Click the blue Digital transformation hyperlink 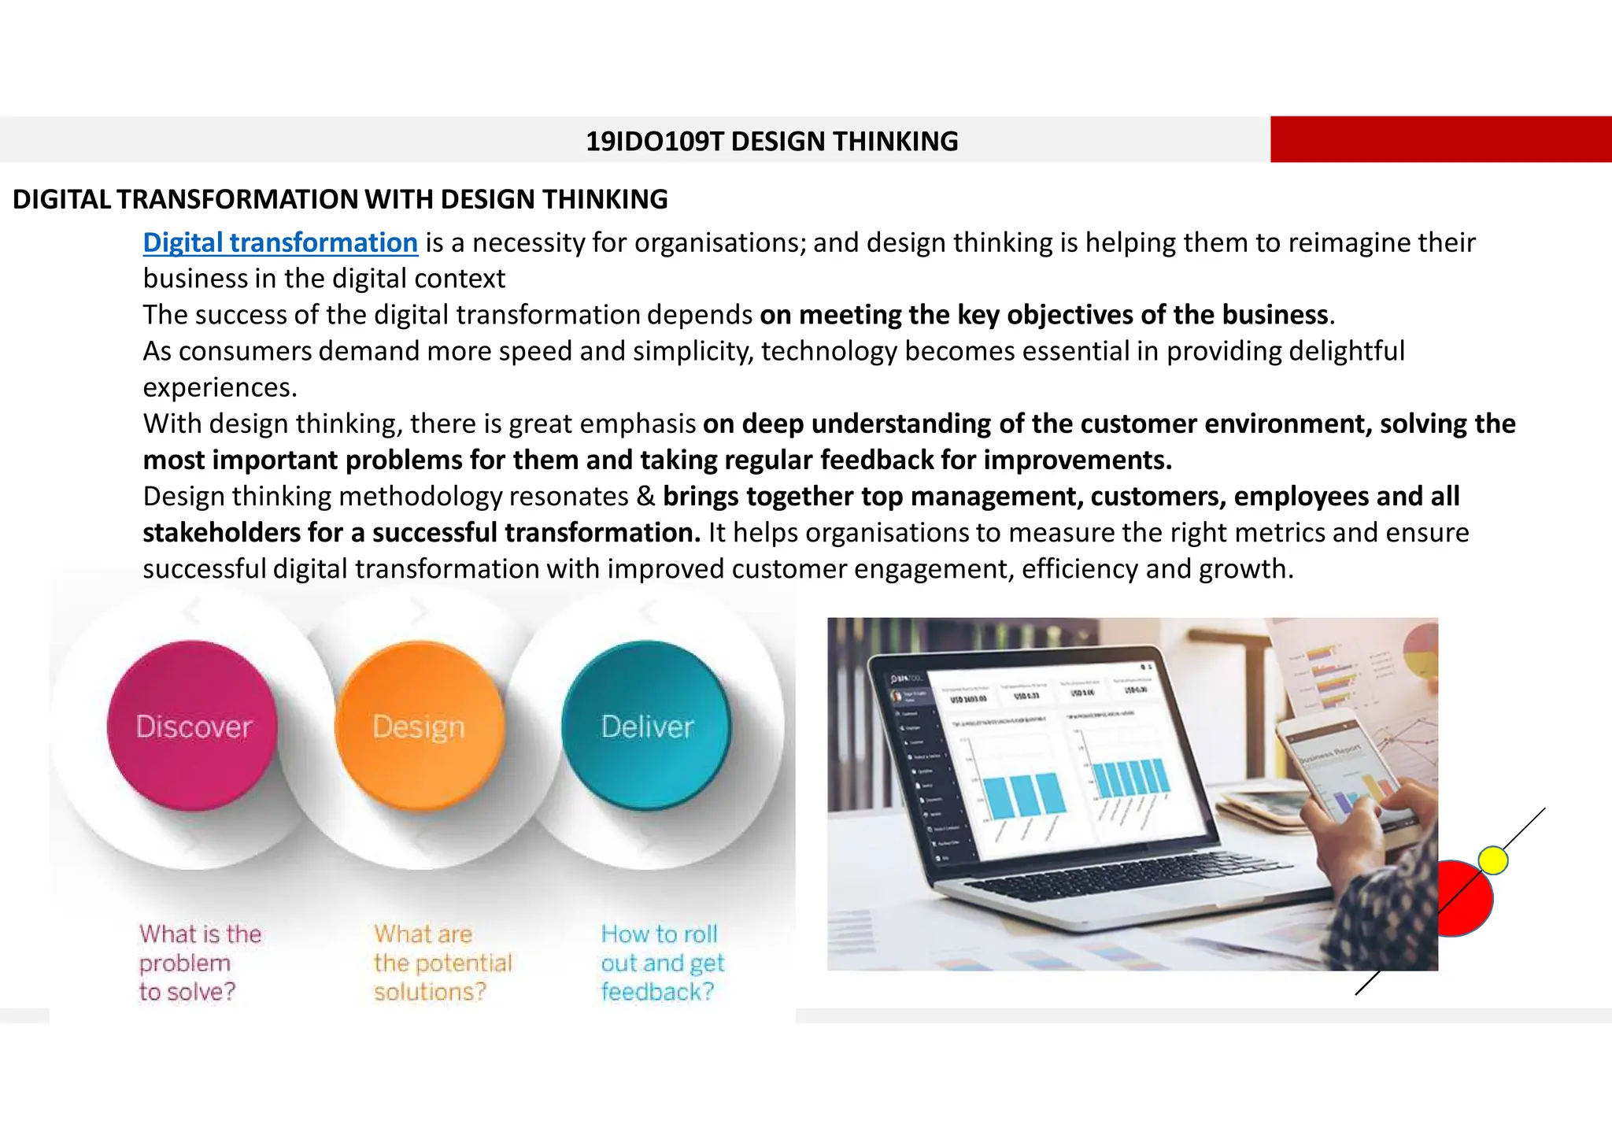click(280, 242)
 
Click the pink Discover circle click(193, 726)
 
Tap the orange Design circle click(419, 726)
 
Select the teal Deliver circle click(646, 726)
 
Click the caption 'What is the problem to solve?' click(200, 962)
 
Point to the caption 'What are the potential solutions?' click(442, 962)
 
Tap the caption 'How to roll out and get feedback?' click(662, 962)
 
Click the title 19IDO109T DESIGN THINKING click(771, 141)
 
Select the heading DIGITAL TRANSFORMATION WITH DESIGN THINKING click(340, 199)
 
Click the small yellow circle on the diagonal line click(1493, 860)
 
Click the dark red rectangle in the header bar click(1440, 139)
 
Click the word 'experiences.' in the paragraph click(220, 387)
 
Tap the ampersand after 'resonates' click(645, 497)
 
